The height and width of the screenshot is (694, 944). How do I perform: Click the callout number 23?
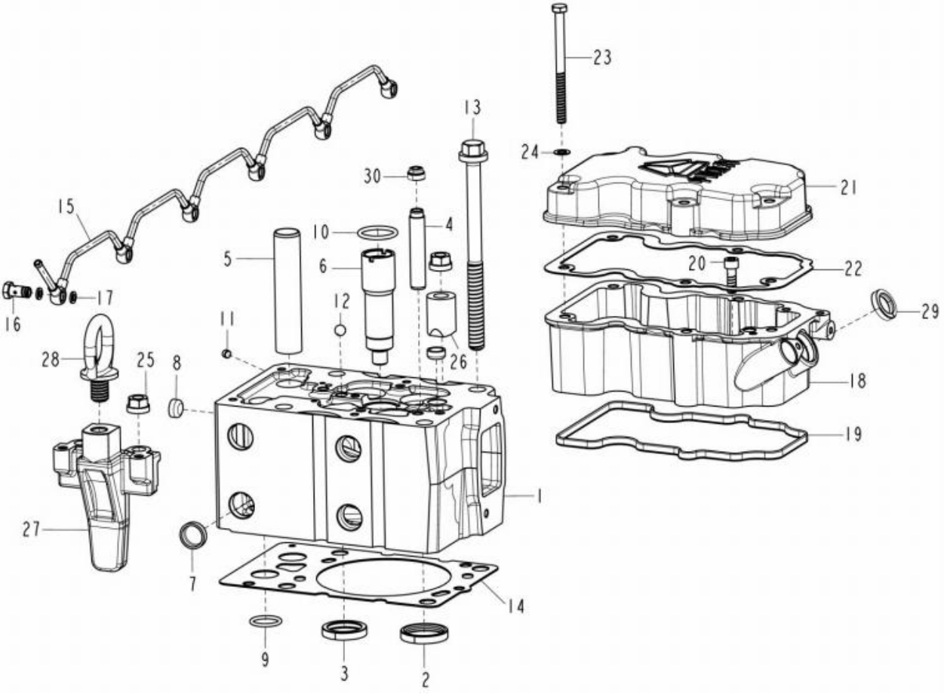click(602, 58)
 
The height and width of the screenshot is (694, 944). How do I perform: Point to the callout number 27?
click(31, 530)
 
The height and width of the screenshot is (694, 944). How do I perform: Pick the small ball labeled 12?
click(340, 330)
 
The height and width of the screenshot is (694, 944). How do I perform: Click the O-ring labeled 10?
click(377, 232)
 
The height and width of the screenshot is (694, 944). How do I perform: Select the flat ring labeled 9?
click(266, 621)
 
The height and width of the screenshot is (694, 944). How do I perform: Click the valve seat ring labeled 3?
click(344, 631)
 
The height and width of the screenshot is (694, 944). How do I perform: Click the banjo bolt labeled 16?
click(17, 291)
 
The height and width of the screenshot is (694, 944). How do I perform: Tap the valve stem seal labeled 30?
click(417, 173)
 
